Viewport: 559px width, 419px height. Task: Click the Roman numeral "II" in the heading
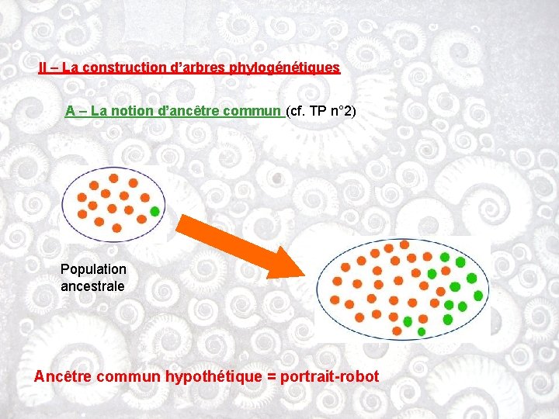(43, 68)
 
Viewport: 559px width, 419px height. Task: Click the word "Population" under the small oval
(93, 270)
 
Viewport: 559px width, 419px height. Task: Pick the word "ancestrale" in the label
(92, 286)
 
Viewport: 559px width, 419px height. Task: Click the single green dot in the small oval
(155, 211)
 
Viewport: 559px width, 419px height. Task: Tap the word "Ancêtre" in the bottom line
(62, 377)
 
